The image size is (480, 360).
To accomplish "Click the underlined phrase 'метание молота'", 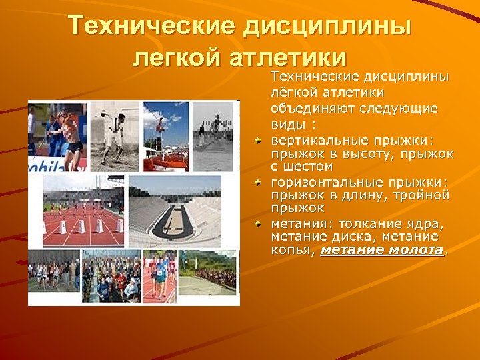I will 382,250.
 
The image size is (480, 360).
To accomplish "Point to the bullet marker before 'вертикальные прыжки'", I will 261,141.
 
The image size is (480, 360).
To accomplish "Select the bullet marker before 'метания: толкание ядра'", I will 261,225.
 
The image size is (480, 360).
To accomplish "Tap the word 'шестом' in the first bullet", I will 307,166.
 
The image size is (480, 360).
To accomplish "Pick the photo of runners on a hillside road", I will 208,272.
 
